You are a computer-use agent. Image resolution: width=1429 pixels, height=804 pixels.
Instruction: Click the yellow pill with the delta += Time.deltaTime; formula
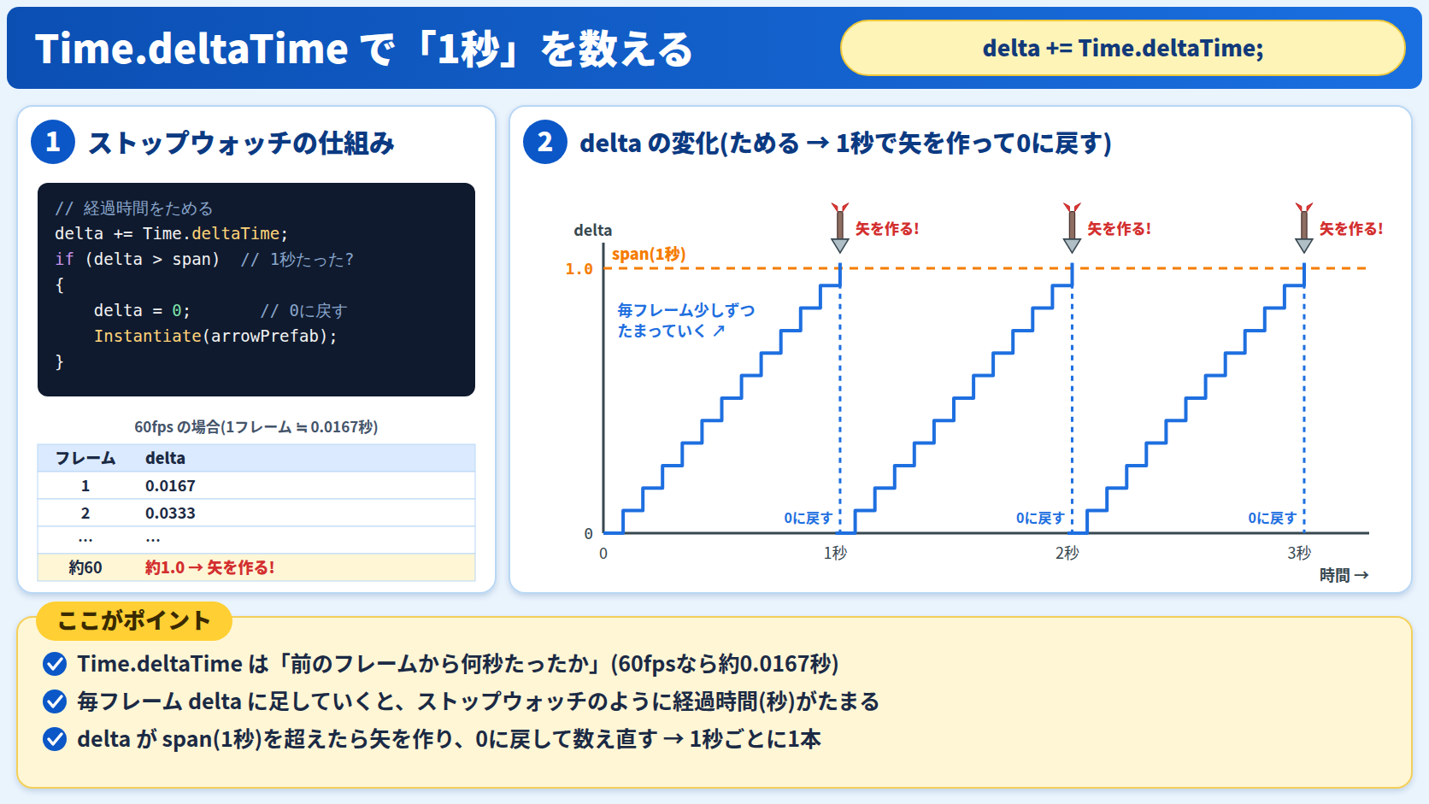pyautogui.click(x=1123, y=48)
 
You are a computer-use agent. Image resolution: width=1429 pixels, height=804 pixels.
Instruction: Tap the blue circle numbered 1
pyautogui.click(x=53, y=142)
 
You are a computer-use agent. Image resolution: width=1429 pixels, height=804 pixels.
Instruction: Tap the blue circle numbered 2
pyautogui.click(x=544, y=142)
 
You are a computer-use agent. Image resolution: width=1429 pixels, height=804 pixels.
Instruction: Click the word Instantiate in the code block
pyautogui.click(x=147, y=336)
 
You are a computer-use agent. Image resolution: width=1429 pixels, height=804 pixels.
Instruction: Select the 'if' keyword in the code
pyautogui.click(x=64, y=260)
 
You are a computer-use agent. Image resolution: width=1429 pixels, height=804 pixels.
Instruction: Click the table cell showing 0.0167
pyautogui.click(x=170, y=486)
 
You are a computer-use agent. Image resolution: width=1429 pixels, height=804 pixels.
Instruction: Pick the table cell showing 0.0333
pyautogui.click(x=170, y=514)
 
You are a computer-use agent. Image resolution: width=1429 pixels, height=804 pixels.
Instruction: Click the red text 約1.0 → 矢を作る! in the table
pyautogui.click(x=209, y=567)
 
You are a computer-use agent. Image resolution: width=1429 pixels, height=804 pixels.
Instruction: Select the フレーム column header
pyautogui.click(x=85, y=458)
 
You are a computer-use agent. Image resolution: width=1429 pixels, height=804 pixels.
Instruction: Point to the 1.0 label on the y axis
pyautogui.click(x=579, y=269)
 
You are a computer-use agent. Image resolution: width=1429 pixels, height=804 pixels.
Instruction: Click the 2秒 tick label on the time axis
pyautogui.click(x=1067, y=553)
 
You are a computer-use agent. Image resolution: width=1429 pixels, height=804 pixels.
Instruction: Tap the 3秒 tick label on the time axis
pyautogui.click(x=1299, y=553)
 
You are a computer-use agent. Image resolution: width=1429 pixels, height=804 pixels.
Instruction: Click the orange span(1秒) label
pyautogui.click(x=649, y=255)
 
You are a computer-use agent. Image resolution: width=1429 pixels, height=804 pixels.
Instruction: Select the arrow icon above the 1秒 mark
pyautogui.click(x=840, y=227)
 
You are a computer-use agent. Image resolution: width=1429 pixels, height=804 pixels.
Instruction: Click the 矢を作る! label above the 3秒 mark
pyautogui.click(x=1351, y=229)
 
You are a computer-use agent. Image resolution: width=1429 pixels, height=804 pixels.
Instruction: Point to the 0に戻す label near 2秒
pyautogui.click(x=1040, y=518)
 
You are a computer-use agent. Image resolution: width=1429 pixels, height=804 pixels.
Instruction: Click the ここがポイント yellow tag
pyautogui.click(x=134, y=621)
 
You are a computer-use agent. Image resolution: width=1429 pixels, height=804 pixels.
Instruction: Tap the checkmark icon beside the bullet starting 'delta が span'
pyautogui.click(x=55, y=740)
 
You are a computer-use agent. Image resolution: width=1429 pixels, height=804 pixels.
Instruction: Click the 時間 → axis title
pyautogui.click(x=1344, y=575)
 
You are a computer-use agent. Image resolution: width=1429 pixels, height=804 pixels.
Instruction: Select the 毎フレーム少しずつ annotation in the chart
pyautogui.click(x=686, y=310)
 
